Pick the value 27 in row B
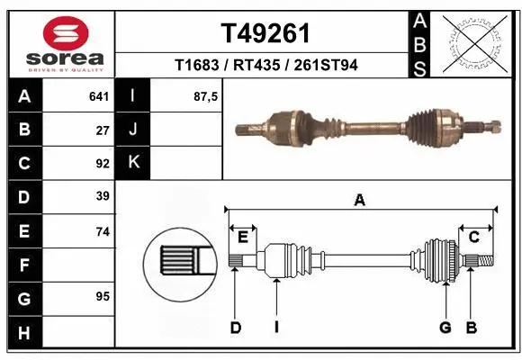pos(103,130)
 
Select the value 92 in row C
pos(102,164)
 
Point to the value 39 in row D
pos(102,197)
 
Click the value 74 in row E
pos(102,231)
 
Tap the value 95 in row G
pos(102,296)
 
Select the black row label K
pos(133,164)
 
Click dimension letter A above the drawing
pos(360,201)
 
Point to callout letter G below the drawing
pos(445,328)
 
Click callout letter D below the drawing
pos(235,328)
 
